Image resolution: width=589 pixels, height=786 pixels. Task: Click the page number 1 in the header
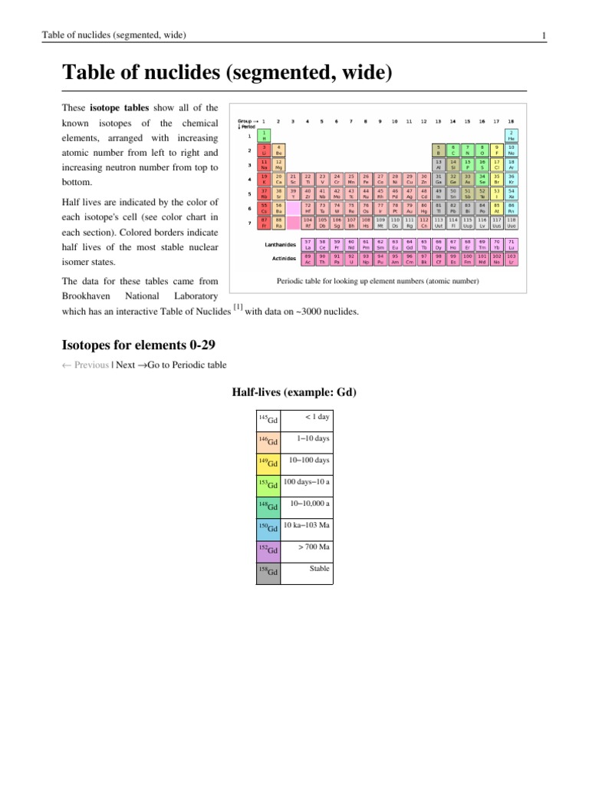point(543,35)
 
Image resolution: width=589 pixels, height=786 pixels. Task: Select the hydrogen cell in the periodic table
point(265,135)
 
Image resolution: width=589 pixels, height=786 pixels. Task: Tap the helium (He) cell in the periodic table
point(511,135)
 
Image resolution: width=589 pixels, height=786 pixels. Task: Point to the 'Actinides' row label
point(284,259)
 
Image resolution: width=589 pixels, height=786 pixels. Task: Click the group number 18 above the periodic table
point(511,121)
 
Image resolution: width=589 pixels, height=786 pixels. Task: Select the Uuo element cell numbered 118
point(511,223)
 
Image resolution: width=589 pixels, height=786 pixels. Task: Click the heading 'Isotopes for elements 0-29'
point(143,344)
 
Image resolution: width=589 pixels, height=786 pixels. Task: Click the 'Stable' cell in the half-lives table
point(319,569)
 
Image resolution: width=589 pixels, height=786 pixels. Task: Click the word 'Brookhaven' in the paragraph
point(86,296)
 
